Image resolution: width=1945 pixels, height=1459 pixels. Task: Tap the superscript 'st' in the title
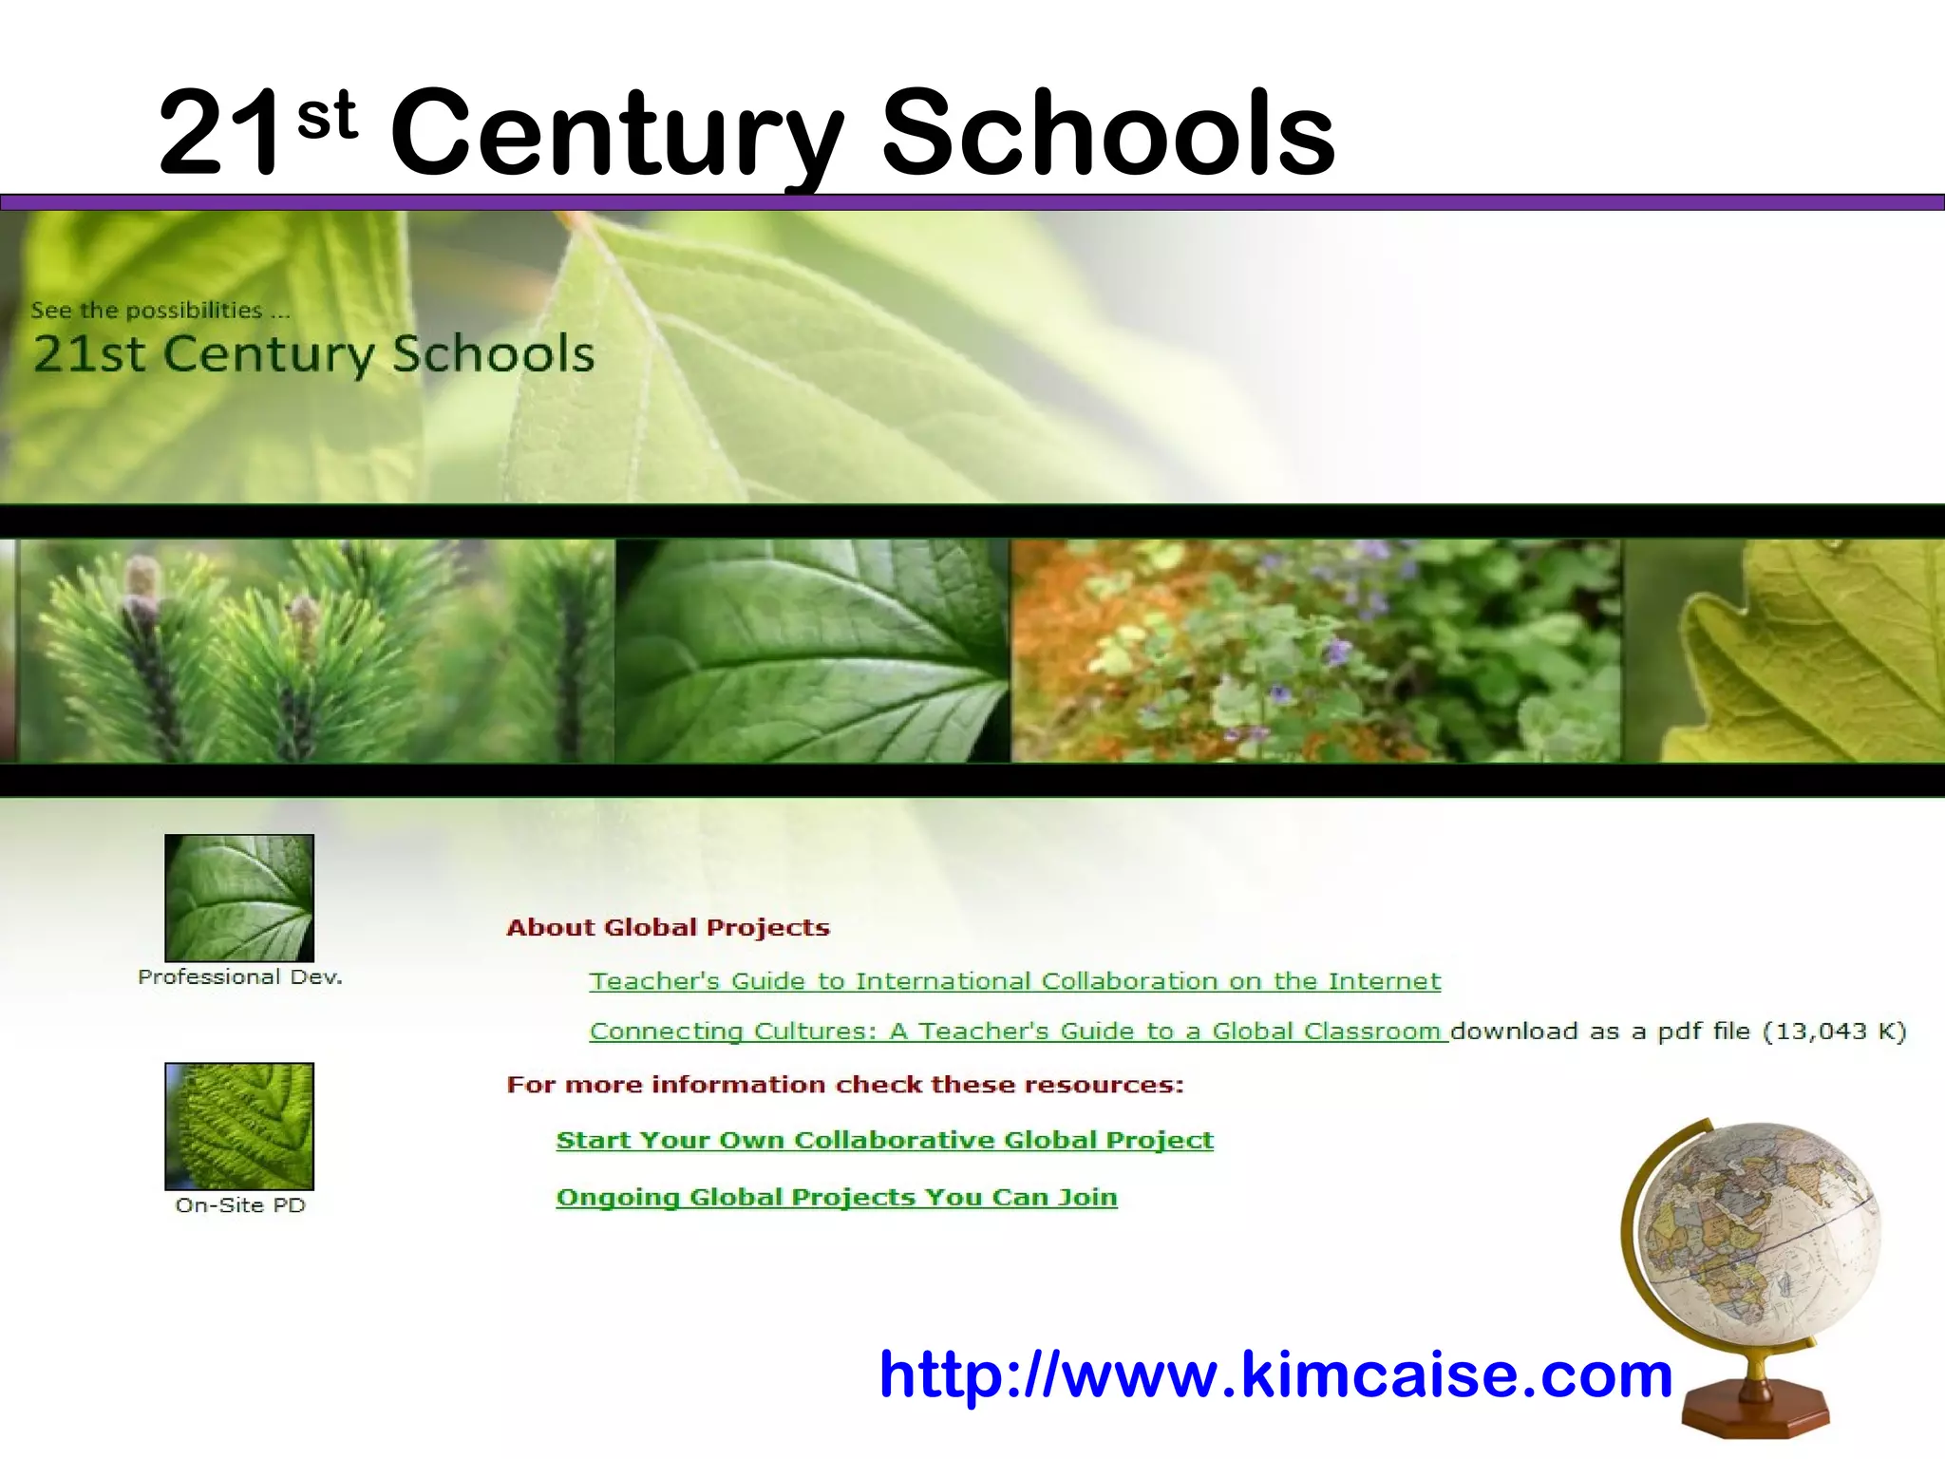pos(327,116)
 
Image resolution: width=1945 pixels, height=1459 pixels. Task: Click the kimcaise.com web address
pos(1275,1374)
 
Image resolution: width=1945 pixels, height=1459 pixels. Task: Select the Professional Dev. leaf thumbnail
pos(239,898)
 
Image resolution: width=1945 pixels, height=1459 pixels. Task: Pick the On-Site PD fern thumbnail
pos(239,1126)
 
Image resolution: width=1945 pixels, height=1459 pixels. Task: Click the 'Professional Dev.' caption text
pos(240,977)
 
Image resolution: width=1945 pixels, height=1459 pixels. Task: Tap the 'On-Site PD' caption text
pos(240,1205)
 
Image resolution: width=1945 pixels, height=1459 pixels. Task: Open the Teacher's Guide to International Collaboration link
pos(1014,981)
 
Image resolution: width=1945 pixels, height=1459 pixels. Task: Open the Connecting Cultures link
pos(1016,1032)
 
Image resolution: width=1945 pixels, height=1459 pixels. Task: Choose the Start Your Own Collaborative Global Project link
pos(884,1140)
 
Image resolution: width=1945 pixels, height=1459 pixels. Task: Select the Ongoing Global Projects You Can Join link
pos(836,1197)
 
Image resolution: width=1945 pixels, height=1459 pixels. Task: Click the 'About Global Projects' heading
pos(668,927)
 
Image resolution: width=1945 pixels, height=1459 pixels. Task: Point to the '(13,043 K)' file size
pos(1834,1032)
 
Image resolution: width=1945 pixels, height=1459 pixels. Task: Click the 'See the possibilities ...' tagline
pos(160,311)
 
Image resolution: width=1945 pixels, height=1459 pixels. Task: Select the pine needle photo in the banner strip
pos(313,651)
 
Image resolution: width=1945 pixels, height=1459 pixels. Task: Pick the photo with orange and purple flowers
pos(1315,651)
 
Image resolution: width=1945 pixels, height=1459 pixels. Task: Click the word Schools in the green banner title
pos(493,353)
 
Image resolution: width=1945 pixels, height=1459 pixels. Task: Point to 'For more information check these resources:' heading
pos(845,1085)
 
